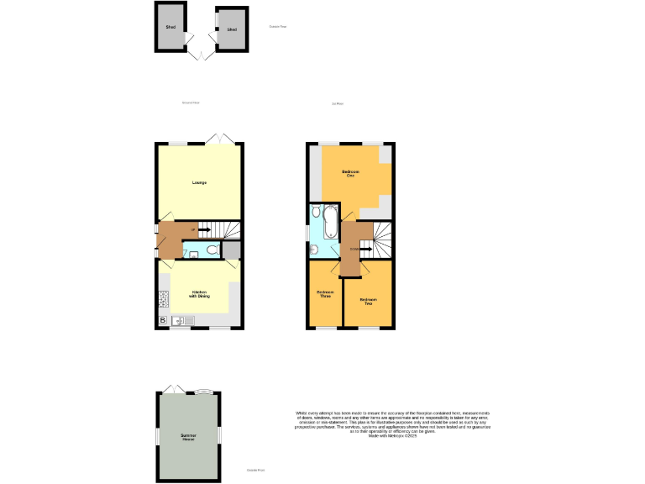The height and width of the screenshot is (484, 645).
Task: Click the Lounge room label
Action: pyautogui.click(x=199, y=182)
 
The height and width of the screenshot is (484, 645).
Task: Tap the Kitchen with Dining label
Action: pyautogui.click(x=198, y=294)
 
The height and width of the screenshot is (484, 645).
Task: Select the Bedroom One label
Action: pyautogui.click(x=350, y=173)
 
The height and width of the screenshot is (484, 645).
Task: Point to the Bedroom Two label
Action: pyautogui.click(x=368, y=301)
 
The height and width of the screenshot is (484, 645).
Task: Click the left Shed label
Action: pyautogui.click(x=170, y=28)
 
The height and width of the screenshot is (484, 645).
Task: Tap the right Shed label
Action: pyautogui.click(x=232, y=29)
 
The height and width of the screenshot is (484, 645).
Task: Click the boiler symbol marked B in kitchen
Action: pyautogui.click(x=162, y=321)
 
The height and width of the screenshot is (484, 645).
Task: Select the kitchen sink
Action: pyautogui.click(x=182, y=320)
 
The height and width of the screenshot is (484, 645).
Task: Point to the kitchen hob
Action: pyautogui.click(x=162, y=297)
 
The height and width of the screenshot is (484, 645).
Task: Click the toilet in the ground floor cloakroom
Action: pyautogui.click(x=212, y=250)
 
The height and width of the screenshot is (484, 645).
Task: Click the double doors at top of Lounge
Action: pyautogui.click(x=221, y=138)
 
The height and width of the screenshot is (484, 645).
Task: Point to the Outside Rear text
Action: pyautogui.click(x=278, y=27)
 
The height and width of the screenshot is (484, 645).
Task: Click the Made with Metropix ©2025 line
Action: pyautogui.click(x=392, y=435)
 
